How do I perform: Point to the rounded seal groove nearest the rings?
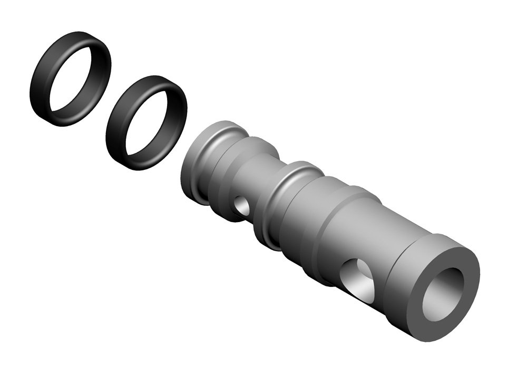211,148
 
